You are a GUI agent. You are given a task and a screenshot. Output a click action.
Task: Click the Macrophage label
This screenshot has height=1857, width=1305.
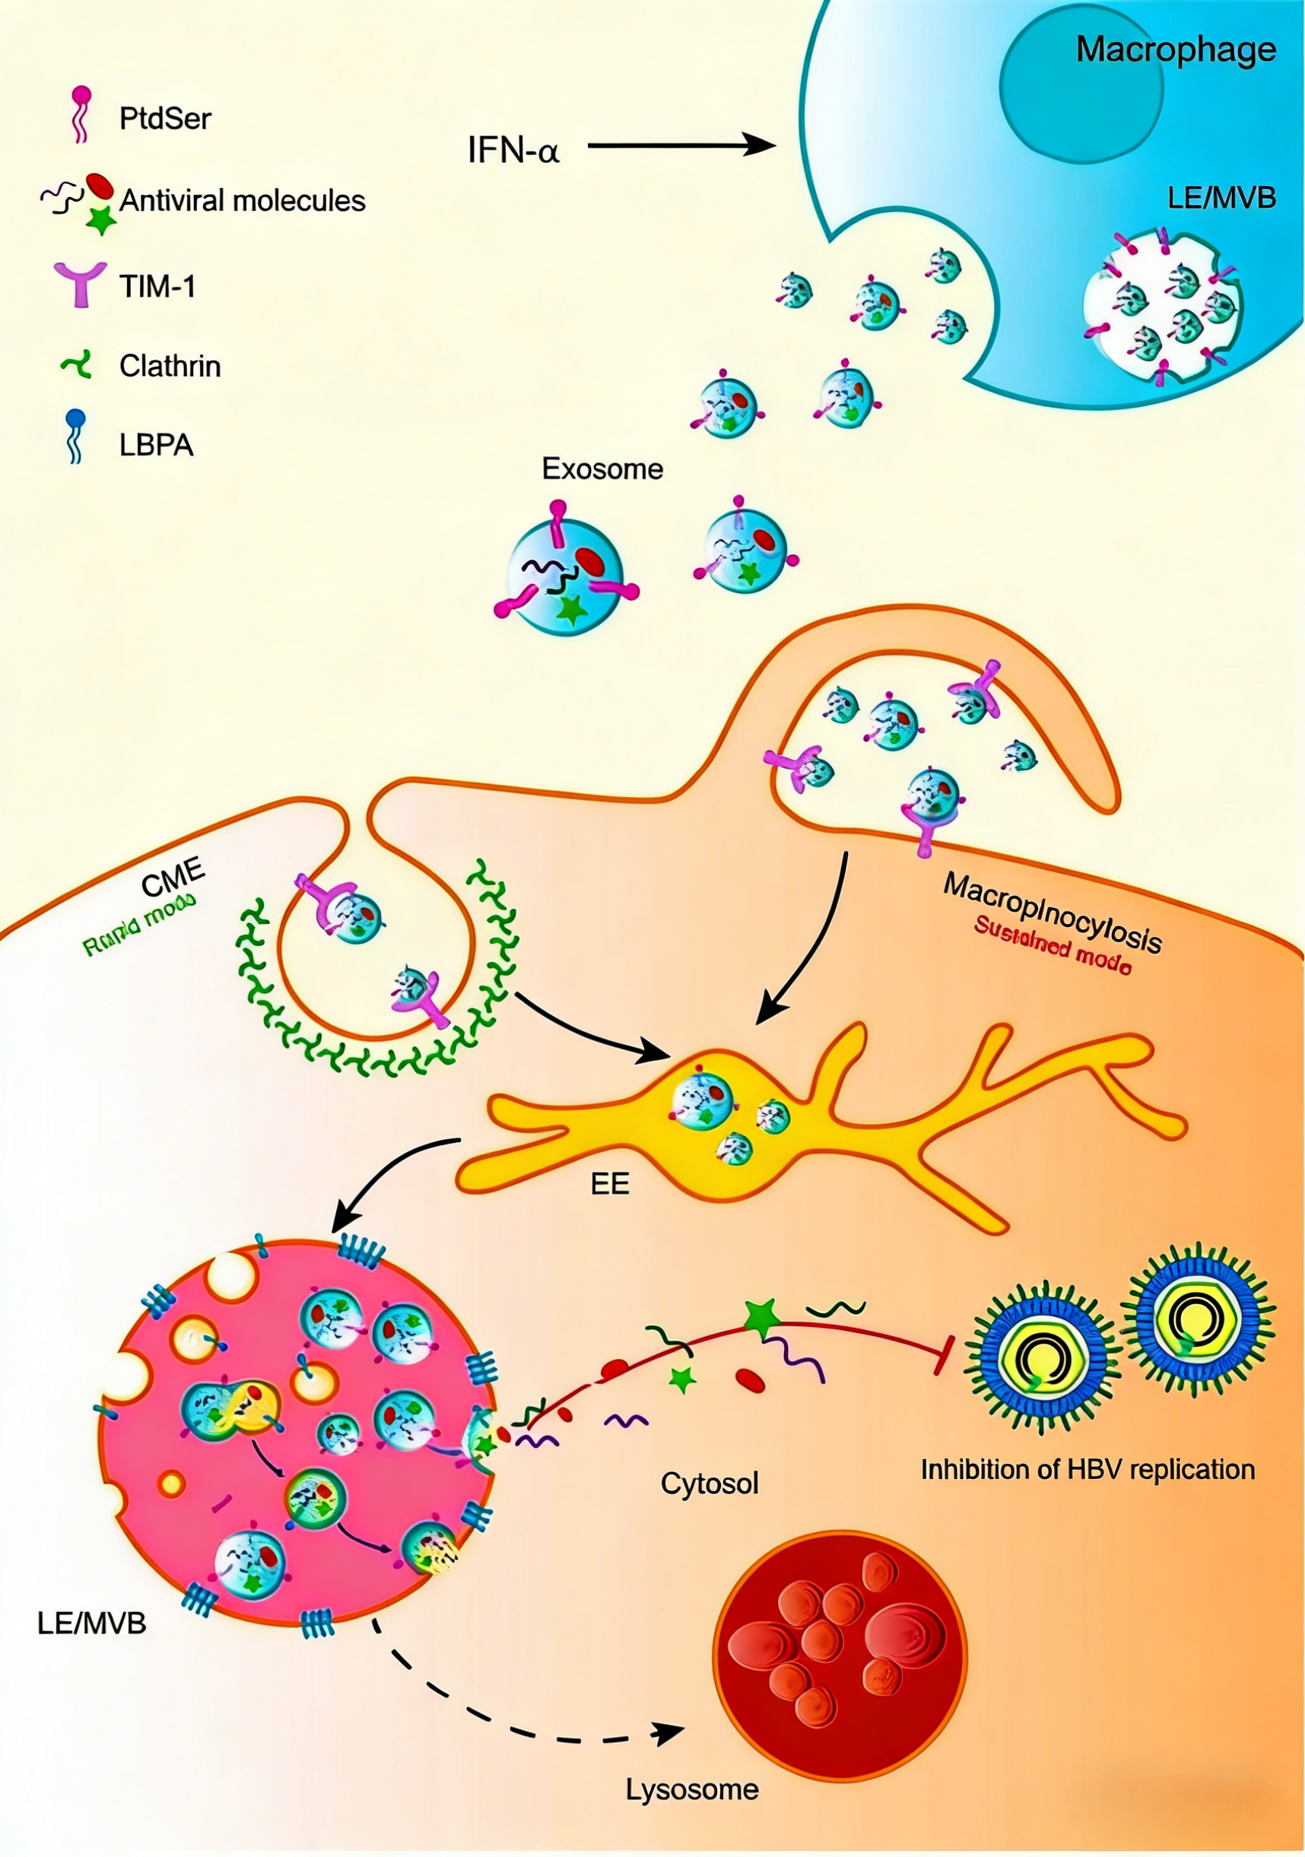coord(1175,50)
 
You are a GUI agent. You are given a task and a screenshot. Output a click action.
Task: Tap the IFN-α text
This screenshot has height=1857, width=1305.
coord(513,151)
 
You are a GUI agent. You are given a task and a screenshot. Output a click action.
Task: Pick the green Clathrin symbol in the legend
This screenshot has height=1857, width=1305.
coord(78,366)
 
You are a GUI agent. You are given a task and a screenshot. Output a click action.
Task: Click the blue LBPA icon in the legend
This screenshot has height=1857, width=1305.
coord(76,436)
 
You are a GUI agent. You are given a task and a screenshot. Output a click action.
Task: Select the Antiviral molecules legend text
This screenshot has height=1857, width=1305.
coord(243,201)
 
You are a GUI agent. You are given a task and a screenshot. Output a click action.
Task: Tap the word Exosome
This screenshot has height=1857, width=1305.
coord(602,469)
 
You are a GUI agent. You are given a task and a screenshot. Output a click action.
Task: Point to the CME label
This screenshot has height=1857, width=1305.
coord(173,878)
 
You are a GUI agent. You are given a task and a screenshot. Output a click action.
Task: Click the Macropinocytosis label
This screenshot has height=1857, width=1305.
coord(1052,912)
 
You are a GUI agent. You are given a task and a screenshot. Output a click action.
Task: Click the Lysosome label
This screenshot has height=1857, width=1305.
coord(692,1789)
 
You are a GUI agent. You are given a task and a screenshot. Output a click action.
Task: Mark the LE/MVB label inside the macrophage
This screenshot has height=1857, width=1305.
coord(1221,196)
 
